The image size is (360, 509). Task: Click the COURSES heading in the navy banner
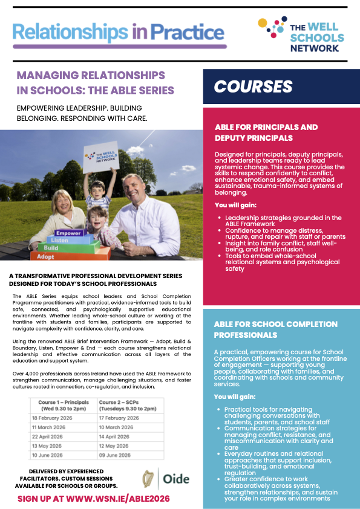[254, 86]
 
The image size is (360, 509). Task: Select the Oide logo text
[176, 479]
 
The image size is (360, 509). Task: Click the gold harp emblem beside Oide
[145, 479]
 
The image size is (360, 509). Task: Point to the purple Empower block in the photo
[68, 232]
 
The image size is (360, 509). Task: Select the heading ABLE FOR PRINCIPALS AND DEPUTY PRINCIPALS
[266, 132]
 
